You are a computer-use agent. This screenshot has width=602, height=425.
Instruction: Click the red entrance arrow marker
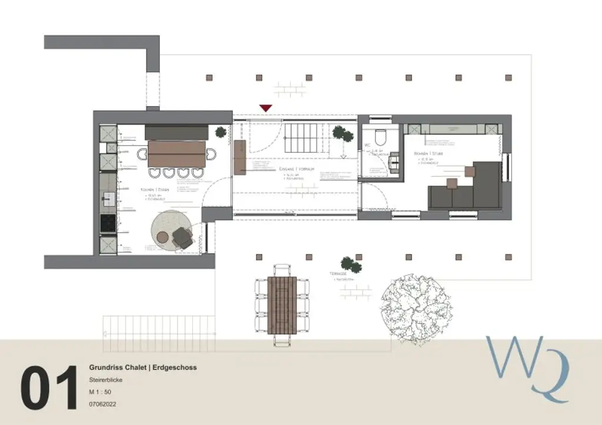click(266, 108)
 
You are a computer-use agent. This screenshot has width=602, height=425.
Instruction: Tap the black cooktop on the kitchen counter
click(108, 223)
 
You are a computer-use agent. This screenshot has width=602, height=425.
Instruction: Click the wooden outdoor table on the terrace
click(282, 304)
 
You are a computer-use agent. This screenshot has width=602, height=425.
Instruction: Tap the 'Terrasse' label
click(337, 274)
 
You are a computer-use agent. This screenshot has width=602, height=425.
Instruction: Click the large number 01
click(49, 388)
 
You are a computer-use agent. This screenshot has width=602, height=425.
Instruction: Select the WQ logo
click(526, 366)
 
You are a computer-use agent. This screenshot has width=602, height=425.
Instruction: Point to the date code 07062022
click(103, 404)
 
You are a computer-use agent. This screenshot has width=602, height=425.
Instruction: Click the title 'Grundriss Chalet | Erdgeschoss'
click(143, 367)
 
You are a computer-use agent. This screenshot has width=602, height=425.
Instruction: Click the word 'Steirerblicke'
click(106, 380)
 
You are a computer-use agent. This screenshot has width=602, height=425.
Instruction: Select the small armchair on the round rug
click(182, 238)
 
